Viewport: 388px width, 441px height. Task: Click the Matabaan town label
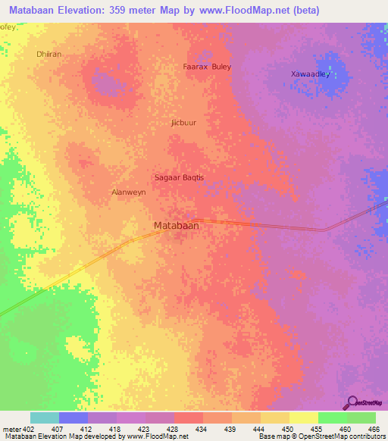click(x=177, y=226)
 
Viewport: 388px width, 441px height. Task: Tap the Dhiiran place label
click(x=48, y=55)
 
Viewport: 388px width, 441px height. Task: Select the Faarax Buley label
click(x=207, y=67)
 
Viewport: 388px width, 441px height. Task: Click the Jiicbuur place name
click(x=184, y=121)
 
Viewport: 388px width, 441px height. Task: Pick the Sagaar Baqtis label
click(x=180, y=177)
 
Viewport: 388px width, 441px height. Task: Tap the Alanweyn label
click(x=129, y=192)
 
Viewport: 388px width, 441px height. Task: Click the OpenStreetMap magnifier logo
click(x=352, y=402)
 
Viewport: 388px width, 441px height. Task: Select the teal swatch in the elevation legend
click(x=45, y=418)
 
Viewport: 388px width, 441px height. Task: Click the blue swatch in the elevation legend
click(x=74, y=418)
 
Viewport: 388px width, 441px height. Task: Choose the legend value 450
click(x=288, y=429)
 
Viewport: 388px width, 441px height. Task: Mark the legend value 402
click(x=27, y=429)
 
